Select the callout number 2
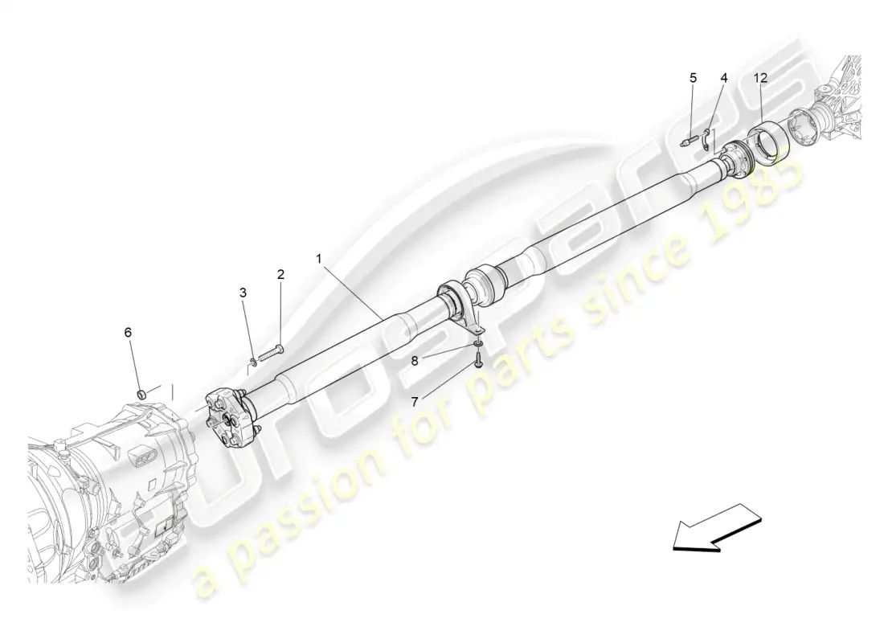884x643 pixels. pos(280,274)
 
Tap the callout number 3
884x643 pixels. pos(243,293)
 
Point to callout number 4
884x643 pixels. pos(724,78)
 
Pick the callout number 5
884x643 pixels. pos(693,78)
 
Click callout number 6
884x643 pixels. pos(128,333)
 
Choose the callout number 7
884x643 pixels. pos(415,401)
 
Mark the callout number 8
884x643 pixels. pos(415,360)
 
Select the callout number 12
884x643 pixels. pos(760,78)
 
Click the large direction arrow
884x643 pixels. pos(717,526)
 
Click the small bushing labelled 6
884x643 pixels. pos(143,392)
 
